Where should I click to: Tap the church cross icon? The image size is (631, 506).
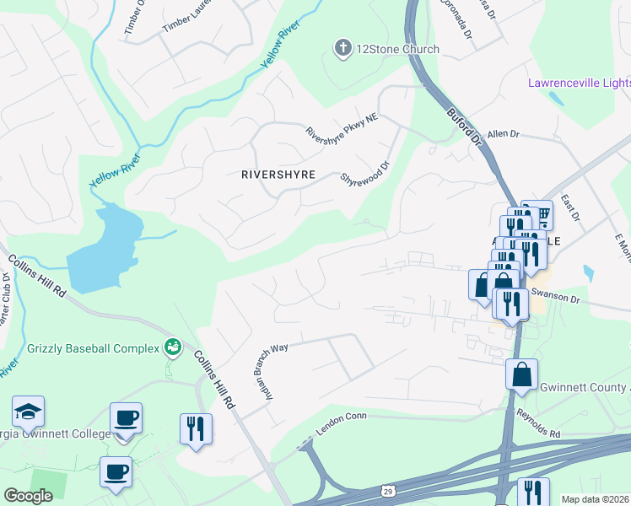point(342,48)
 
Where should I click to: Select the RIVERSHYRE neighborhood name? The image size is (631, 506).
point(278,175)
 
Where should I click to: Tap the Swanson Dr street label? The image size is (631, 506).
point(556,299)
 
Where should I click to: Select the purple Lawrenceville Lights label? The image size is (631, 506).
point(579,83)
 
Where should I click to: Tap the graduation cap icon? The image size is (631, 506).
point(28,412)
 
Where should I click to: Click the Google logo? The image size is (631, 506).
point(28,495)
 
